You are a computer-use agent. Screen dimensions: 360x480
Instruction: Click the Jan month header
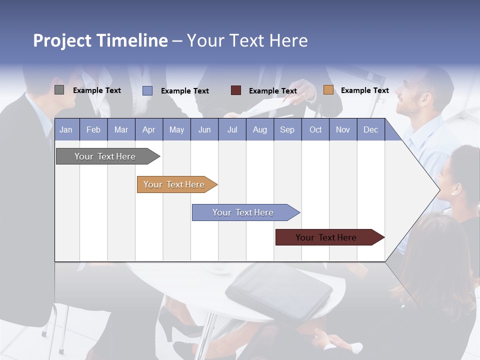click(x=66, y=129)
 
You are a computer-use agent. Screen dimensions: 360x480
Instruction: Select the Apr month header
click(x=148, y=129)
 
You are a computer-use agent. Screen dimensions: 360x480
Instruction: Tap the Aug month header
click(x=259, y=129)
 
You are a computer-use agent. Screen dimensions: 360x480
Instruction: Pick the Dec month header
click(x=370, y=129)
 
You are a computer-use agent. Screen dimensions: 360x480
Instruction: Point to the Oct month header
click(x=315, y=129)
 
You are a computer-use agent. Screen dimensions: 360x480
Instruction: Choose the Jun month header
click(x=204, y=129)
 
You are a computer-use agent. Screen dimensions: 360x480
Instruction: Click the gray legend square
click(x=59, y=90)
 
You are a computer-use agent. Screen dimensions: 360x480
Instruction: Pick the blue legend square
click(x=147, y=90)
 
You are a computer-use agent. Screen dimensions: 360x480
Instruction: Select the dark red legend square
click(x=236, y=90)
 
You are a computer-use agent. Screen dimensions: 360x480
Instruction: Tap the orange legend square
click(x=328, y=90)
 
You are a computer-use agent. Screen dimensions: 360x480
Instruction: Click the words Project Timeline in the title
click(x=100, y=40)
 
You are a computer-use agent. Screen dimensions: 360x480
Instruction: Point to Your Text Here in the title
click(x=247, y=40)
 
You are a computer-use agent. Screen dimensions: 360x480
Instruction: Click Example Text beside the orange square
click(x=364, y=90)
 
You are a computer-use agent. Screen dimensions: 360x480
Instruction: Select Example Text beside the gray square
click(x=97, y=90)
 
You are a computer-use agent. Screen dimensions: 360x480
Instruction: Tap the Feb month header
click(x=93, y=129)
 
